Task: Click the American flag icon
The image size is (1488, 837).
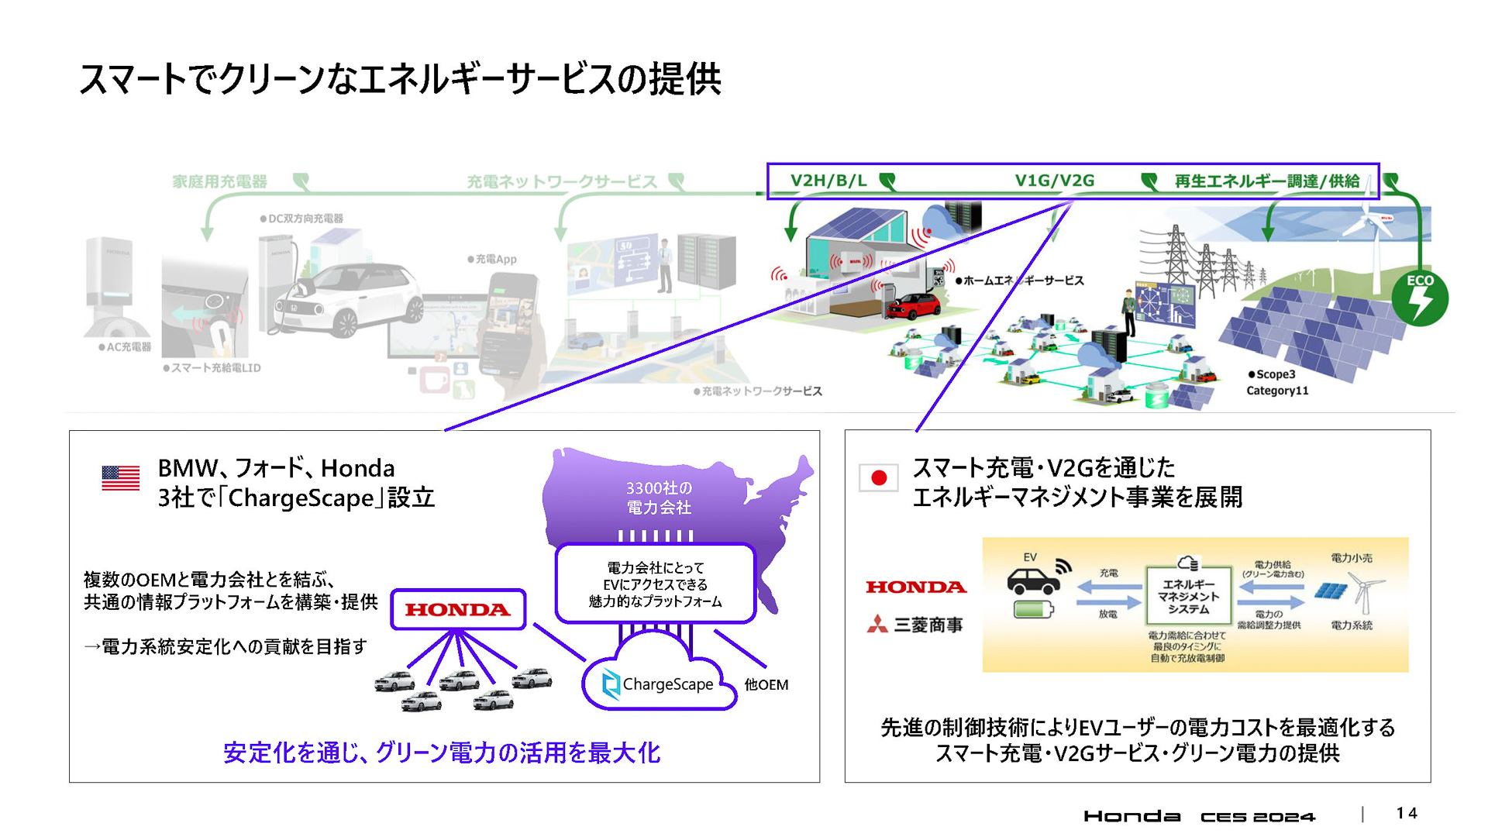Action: pyautogui.click(x=120, y=477)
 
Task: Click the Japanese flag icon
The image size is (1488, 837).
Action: pyautogui.click(x=878, y=477)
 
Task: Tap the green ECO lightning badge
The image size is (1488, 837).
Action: pyautogui.click(x=1420, y=298)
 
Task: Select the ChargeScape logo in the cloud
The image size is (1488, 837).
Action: pyautogui.click(x=658, y=684)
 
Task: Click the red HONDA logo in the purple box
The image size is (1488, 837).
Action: pyautogui.click(x=457, y=610)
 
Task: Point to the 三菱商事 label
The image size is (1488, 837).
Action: pyautogui.click(x=915, y=625)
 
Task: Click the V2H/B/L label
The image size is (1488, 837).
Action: pyautogui.click(x=828, y=181)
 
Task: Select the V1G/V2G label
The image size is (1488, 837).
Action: pyautogui.click(x=1054, y=181)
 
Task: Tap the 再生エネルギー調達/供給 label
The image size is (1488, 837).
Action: pyautogui.click(x=1266, y=181)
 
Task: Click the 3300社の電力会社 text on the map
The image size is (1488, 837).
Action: pyautogui.click(x=659, y=498)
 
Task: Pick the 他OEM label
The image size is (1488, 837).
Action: pyautogui.click(x=766, y=684)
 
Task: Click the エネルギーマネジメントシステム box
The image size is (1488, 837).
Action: pyautogui.click(x=1188, y=596)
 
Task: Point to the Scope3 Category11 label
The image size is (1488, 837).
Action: pyautogui.click(x=1277, y=382)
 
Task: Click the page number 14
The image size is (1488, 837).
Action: pyautogui.click(x=1407, y=813)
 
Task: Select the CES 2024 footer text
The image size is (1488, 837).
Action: pyautogui.click(x=1257, y=816)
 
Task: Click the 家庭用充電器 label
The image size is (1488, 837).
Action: pyautogui.click(x=219, y=181)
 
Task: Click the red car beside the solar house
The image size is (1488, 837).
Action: pyautogui.click(x=914, y=305)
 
